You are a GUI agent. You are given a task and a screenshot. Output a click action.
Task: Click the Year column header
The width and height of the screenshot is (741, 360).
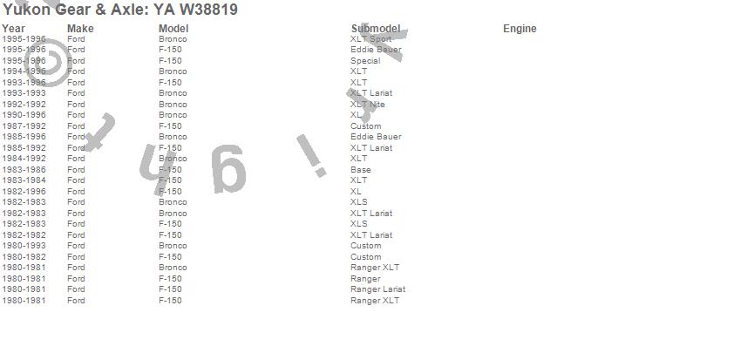pos(13,29)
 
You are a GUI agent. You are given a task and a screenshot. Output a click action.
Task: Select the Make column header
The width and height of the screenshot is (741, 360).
pos(80,29)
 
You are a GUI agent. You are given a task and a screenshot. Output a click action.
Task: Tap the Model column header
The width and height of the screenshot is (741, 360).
pos(173,29)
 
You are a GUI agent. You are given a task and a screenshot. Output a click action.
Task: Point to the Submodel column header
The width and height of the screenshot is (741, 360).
pos(375,29)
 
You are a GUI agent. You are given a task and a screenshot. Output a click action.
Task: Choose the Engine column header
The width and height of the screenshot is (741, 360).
pos(520,29)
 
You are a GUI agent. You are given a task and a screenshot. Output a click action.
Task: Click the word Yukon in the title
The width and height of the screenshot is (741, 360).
pos(26,10)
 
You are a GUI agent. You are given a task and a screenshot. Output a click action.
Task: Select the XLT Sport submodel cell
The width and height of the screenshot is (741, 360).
pos(370,39)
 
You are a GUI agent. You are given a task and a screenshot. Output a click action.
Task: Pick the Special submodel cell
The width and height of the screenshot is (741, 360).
pos(365,61)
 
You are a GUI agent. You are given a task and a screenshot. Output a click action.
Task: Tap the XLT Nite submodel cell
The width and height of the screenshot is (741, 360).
pos(367,105)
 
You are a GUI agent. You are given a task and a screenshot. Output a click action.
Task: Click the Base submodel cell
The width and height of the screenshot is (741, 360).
pos(360,170)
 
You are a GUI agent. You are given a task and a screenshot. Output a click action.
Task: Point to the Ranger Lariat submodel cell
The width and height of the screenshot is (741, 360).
pos(377,289)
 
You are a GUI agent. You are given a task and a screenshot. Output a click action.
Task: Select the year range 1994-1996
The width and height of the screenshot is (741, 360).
pos(24,71)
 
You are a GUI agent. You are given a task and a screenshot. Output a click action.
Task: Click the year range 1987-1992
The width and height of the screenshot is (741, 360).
pos(24,126)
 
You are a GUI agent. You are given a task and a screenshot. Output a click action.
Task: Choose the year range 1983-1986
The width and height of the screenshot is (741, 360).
pos(24,170)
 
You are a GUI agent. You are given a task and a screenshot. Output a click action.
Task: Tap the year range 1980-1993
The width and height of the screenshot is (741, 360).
pos(24,246)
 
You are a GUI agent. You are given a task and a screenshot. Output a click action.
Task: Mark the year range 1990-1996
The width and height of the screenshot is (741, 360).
pos(24,115)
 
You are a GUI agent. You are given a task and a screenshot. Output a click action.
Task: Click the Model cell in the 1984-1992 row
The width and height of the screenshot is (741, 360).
pos(173,159)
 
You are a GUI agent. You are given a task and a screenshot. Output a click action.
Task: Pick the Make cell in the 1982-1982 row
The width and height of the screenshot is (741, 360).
pos(76,235)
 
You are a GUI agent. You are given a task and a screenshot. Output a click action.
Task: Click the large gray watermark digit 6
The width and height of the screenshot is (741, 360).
pos(228,171)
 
